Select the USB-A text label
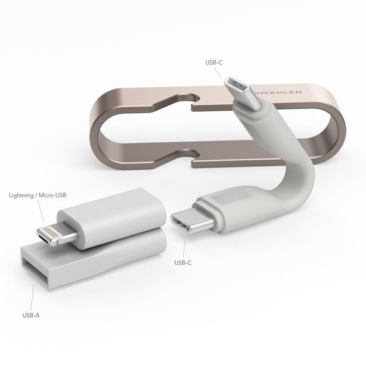[31, 316]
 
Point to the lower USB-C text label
[183, 262]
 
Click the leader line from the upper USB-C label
[217, 71]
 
